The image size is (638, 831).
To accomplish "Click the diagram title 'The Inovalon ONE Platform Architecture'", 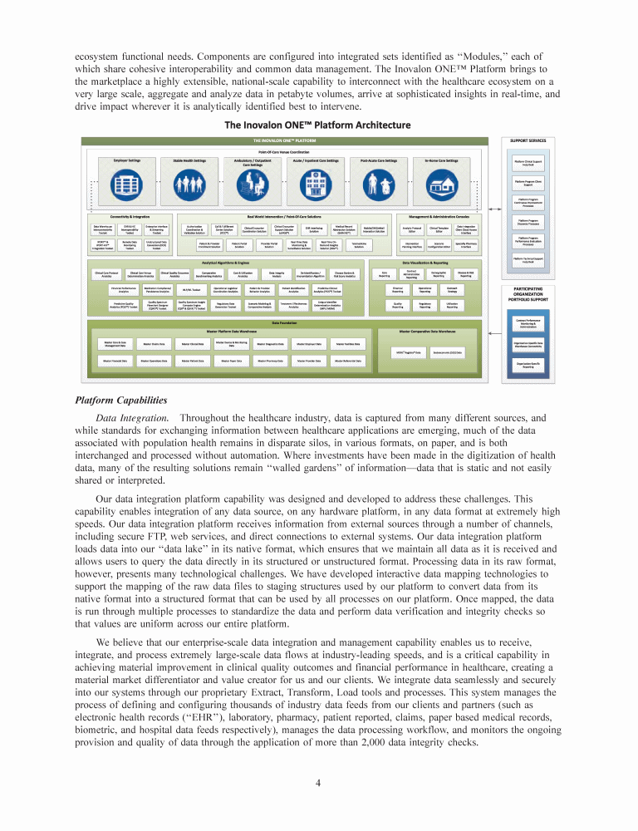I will pos(318,125).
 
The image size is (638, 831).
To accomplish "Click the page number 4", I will pos(318,782).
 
